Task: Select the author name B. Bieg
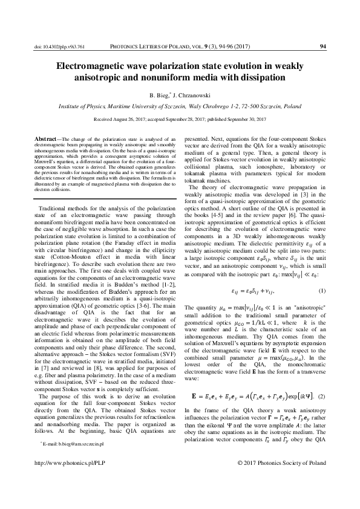pos(160,95)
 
